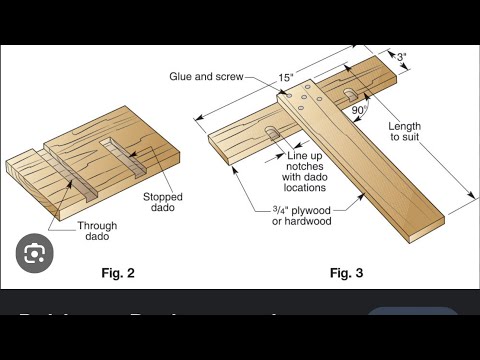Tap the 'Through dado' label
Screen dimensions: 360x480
point(103,232)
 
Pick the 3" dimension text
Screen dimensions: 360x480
point(401,58)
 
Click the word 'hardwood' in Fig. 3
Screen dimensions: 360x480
point(315,222)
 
